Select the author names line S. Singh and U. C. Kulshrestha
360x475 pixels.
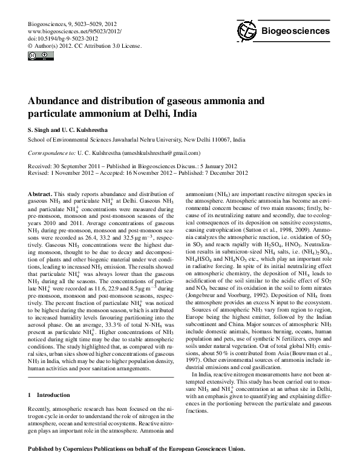[x=70, y=129]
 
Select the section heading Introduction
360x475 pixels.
[x=54, y=395]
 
